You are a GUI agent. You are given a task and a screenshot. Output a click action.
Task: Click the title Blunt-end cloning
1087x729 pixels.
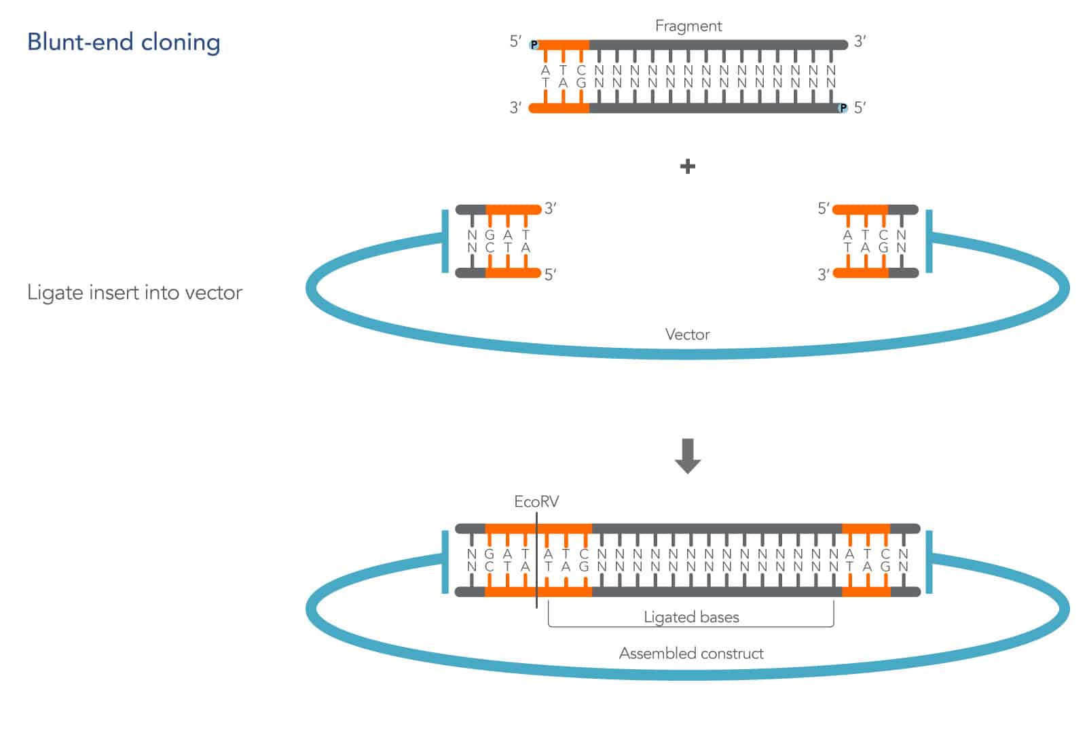[124, 42]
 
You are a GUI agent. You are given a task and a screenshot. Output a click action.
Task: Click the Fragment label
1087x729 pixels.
[688, 26]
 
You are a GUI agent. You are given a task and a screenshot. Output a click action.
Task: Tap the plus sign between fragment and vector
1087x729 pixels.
[687, 166]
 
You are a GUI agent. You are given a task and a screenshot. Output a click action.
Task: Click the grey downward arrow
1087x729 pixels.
[687, 456]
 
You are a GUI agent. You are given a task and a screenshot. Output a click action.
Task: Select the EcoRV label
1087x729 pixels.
[536, 501]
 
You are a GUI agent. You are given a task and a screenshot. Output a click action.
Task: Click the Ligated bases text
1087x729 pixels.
[691, 617]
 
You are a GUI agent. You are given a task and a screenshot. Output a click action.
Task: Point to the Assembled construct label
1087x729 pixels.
[691, 653]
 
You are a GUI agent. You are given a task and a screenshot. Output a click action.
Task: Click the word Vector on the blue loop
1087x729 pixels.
[687, 334]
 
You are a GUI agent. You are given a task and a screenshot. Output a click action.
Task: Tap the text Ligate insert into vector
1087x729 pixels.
[134, 293]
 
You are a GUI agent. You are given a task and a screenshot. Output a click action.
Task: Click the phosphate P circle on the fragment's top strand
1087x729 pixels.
[534, 45]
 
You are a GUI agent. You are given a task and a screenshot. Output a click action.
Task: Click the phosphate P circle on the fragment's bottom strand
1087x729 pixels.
[843, 108]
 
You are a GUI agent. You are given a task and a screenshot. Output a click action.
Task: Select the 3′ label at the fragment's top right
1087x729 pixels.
[860, 41]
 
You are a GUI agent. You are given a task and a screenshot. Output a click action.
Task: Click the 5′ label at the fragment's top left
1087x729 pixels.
[516, 41]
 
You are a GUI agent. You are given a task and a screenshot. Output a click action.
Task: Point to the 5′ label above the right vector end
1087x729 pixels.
[824, 209]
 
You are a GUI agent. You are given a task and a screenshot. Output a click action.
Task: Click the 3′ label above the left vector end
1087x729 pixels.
[551, 209]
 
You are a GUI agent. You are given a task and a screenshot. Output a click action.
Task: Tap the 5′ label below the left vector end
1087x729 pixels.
[551, 274]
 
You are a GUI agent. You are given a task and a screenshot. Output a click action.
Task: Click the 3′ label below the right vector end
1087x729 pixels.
[824, 274]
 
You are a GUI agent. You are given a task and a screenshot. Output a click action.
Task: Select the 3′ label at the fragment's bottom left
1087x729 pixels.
[516, 108]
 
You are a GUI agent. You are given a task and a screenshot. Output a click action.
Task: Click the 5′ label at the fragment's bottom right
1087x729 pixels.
[860, 108]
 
